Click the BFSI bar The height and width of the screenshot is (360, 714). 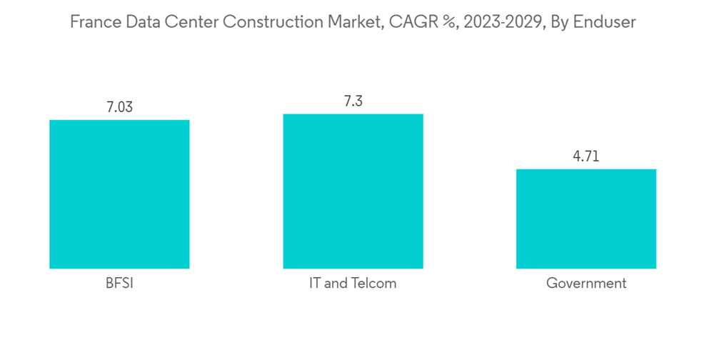coord(119,194)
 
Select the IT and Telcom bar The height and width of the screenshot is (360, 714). coord(353,191)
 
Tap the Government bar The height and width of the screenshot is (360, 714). coord(586,219)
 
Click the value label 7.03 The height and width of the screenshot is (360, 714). coord(119,108)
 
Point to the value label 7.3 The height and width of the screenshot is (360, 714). coord(353,101)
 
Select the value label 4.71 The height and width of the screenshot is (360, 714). coord(586,157)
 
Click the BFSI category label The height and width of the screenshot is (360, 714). coord(119,284)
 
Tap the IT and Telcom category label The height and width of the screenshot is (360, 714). coord(353,284)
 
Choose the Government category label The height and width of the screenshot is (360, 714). coord(586,284)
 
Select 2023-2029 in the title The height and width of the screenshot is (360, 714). coord(498,23)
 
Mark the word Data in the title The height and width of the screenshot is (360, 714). coord(146,23)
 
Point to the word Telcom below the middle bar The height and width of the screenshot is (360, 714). coord(372,284)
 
